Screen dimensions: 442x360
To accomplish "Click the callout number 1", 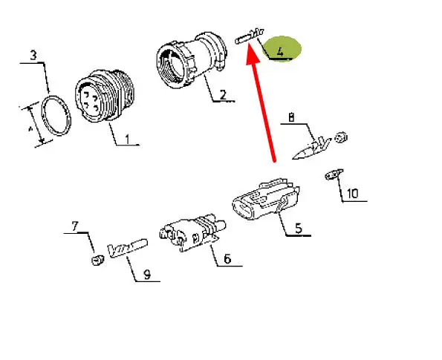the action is [x=128, y=139].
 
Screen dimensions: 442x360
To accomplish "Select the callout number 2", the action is [x=223, y=95].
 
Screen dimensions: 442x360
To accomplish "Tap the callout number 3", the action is [x=33, y=55].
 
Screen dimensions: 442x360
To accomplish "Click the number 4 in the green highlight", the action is [x=280, y=52].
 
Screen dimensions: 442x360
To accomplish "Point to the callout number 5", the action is [x=299, y=228].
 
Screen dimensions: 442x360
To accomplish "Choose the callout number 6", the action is [x=227, y=258].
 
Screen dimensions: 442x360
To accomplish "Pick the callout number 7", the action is [x=74, y=226].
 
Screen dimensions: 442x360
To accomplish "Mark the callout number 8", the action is [x=291, y=117].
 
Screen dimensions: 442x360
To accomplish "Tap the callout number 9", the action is [x=147, y=274].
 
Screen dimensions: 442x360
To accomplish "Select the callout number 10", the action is [x=352, y=194].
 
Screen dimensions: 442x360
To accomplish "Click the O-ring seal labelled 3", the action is [x=56, y=116].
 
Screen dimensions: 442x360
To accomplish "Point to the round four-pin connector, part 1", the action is [x=105, y=96].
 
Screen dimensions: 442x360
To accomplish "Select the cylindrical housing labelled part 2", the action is [x=191, y=60].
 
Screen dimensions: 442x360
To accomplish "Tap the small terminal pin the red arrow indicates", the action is [x=250, y=36].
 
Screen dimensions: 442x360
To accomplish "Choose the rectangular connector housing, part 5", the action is [x=266, y=199].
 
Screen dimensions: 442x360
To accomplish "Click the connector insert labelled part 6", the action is [x=192, y=232].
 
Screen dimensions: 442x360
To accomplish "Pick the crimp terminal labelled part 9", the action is [x=128, y=248].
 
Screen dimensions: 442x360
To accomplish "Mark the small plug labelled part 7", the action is [x=97, y=260].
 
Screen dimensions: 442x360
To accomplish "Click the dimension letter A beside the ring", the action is [x=30, y=129].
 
